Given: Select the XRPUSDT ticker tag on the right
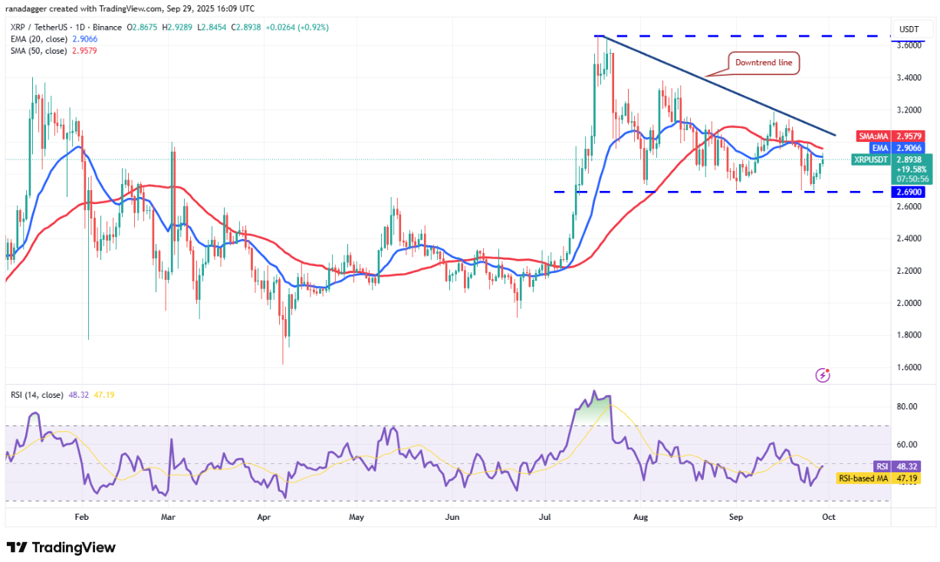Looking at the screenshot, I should pos(870,159).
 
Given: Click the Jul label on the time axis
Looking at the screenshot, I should pos(546,517).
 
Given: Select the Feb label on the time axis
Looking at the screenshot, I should pos(81,517).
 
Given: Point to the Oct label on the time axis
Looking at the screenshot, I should pos(829,517).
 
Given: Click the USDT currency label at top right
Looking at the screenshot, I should pos(909,29).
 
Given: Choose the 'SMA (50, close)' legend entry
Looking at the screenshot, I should pos(42,51).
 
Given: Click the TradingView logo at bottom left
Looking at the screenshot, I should pos(61,547).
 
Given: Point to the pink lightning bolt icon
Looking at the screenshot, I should pos(823,375).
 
